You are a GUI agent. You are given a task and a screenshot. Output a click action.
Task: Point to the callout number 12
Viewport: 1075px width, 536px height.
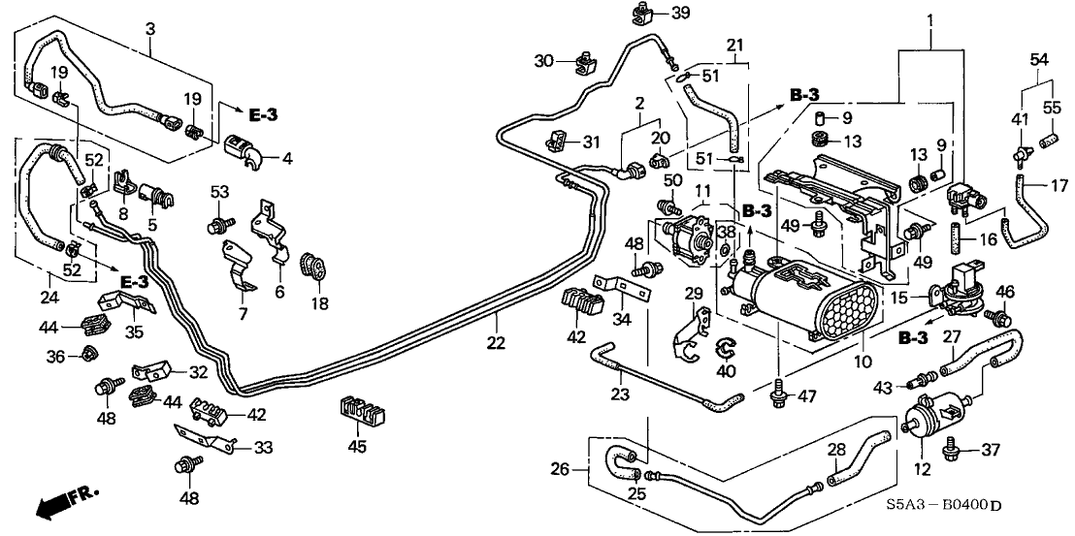[x=922, y=470]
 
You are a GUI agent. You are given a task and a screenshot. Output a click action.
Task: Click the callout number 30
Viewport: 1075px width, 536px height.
[x=545, y=60]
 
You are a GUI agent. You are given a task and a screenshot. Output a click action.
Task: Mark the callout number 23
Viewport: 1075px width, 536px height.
[x=622, y=394]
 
